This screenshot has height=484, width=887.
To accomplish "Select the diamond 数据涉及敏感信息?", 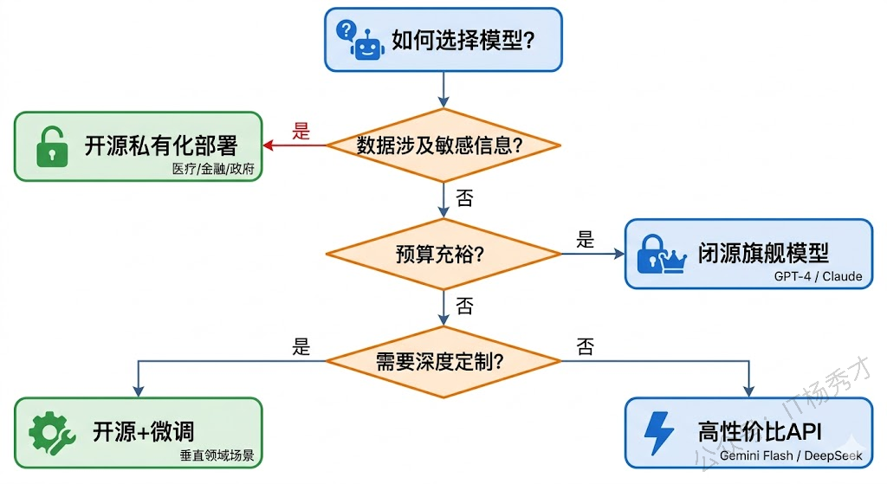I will (443, 145).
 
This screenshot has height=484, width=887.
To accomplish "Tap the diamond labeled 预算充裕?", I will (443, 255).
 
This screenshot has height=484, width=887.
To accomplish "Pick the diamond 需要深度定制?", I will (443, 362).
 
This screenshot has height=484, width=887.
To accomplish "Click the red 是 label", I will (301, 132).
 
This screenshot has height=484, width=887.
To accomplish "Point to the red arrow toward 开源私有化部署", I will (295, 145).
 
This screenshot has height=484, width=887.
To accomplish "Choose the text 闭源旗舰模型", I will (763, 253).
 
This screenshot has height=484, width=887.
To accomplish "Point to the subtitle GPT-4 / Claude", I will (818, 277).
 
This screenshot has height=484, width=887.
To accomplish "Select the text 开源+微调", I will (143, 430).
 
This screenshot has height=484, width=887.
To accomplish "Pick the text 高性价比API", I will (759, 431).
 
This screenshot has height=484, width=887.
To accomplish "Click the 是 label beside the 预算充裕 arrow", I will (586, 240).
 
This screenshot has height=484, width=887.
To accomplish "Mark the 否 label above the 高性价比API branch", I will (586, 348).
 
